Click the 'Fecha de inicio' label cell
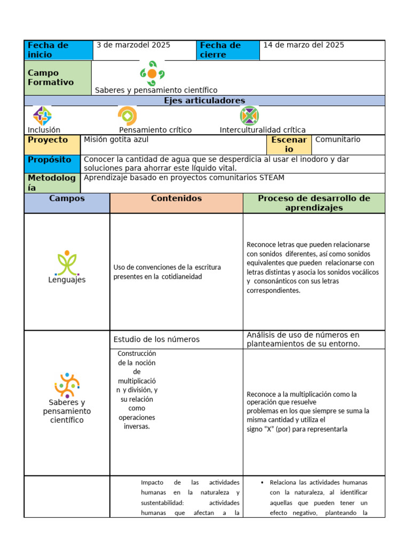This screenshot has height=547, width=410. click(x=58, y=50)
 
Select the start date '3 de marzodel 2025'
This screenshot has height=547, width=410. click(x=133, y=45)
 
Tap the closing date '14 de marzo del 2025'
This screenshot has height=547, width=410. click(x=303, y=45)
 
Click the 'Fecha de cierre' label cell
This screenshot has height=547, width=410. click(x=228, y=50)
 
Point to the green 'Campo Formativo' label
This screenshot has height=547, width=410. click(x=58, y=78)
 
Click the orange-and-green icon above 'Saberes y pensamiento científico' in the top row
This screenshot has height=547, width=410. click(x=152, y=74)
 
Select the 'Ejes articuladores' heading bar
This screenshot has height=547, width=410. click(x=204, y=101)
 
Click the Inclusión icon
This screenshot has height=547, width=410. click(x=42, y=116)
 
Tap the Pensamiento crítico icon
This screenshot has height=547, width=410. click(x=127, y=116)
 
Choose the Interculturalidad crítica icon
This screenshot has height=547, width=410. click(x=249, y=116)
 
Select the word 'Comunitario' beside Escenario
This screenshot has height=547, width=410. click(x=338, y=140)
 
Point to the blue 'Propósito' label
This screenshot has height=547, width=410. click(x=52, y=160)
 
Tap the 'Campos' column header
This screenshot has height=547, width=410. click(x=67, y=199)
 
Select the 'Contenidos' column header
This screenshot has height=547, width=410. click(x=176, y=199)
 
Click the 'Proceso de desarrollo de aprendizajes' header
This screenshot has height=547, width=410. click(x=314, y=203)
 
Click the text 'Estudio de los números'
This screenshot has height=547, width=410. click(x=156, y=340)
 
